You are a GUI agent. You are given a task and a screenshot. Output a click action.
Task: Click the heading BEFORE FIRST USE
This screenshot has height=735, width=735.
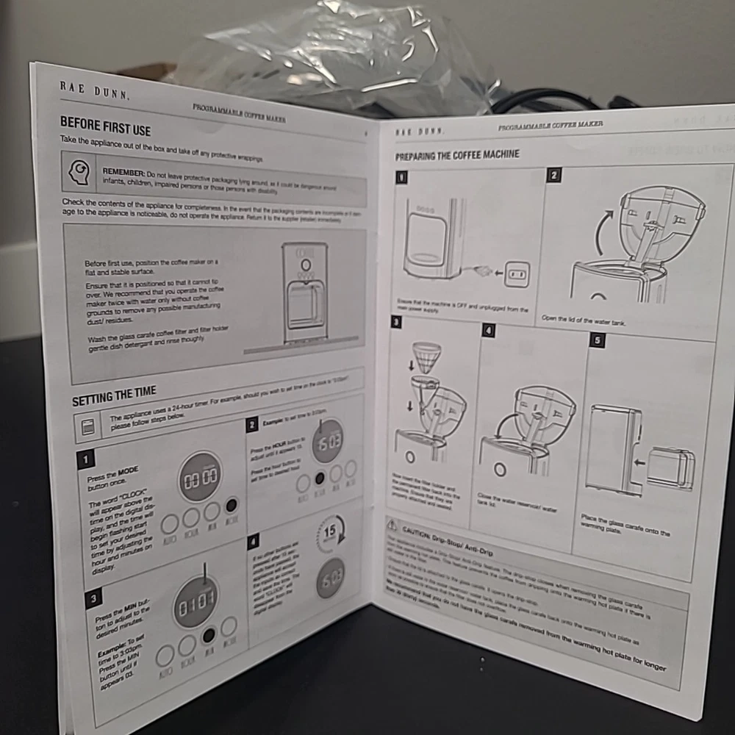(x=105, y=126)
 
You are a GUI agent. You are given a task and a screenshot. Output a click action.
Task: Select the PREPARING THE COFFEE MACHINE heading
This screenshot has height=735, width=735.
(x=457, y=155)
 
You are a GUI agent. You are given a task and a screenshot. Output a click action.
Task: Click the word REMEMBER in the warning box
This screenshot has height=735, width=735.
(x=123, y=171)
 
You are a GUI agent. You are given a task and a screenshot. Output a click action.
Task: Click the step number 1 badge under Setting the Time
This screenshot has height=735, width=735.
(x=85, y=460)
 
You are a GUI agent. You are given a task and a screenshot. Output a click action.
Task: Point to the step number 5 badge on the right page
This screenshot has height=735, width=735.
(x=598, y=340)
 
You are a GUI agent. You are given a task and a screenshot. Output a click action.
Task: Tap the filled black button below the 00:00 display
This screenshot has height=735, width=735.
(x=232, y=506)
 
